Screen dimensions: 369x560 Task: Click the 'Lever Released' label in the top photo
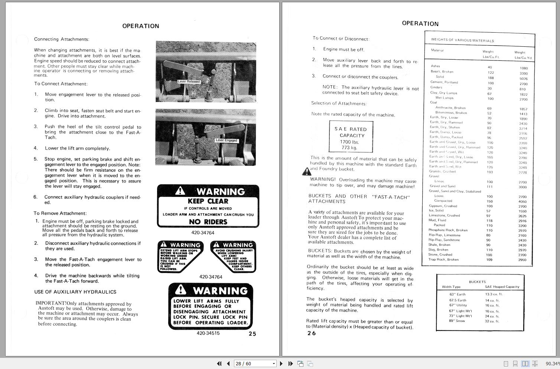(189, 82)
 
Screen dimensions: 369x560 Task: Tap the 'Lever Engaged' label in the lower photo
(226, 140)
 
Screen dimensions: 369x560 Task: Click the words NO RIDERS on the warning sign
(208, 222)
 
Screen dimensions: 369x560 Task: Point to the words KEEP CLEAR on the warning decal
(208, 201)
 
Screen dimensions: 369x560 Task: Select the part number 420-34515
(208, 333)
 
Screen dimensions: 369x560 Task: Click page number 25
(252, 334)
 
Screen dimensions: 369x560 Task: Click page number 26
(312, 333)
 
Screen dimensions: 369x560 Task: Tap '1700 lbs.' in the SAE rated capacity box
(349, 142)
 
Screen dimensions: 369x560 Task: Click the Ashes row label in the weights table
(435, 66)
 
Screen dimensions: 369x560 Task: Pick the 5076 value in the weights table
(523, 79)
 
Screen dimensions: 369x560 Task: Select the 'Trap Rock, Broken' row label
(443, 260)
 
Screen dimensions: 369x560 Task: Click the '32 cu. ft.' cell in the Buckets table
(492, 321)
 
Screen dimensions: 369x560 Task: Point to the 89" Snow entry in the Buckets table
(457, 321)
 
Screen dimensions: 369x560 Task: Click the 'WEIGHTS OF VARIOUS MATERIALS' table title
(462, 40)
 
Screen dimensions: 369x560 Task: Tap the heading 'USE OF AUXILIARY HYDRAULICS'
(75, 292)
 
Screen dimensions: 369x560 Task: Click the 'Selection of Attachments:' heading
(339, 103)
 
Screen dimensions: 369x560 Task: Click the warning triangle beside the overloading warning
(306, 171)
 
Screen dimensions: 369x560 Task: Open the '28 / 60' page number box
(255, 363)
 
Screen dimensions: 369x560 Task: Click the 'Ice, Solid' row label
(436, 210)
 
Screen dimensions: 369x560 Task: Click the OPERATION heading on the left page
(141, 26)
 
